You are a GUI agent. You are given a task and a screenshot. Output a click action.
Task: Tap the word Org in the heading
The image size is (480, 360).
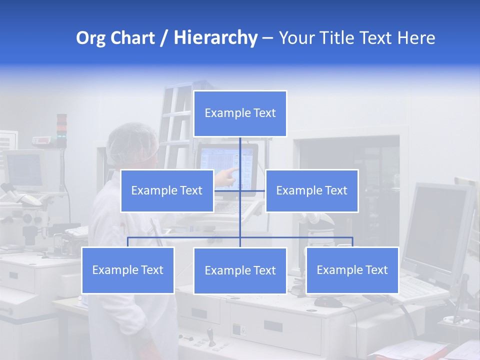pos(91,38)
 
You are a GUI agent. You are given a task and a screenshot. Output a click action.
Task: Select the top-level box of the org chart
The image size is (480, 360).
pos(240,113)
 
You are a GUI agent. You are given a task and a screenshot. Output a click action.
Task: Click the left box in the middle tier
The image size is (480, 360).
pos(167,190)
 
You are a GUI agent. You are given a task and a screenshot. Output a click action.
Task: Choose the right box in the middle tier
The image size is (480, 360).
pos(311,190)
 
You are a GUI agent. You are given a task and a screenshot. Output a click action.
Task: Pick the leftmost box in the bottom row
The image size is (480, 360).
pos(127,270)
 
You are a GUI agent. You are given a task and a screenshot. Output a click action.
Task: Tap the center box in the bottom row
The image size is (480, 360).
pos(240,270)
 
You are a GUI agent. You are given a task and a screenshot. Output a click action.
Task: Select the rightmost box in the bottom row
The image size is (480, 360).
pos(352,270)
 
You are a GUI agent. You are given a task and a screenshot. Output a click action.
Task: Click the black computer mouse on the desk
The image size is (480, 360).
pos(328,301)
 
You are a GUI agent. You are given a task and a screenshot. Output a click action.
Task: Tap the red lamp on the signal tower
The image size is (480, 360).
pos(61,121)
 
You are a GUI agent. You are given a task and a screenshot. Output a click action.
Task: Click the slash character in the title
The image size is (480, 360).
pos(164,38)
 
